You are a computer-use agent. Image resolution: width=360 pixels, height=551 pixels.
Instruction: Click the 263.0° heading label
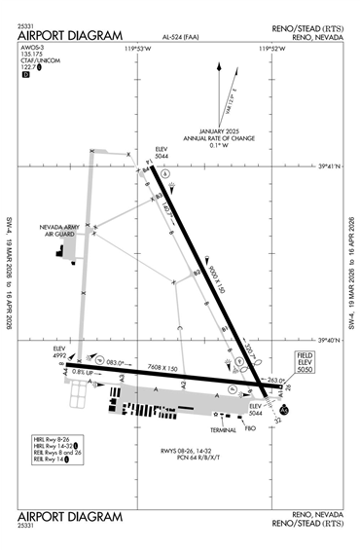(277, 380)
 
